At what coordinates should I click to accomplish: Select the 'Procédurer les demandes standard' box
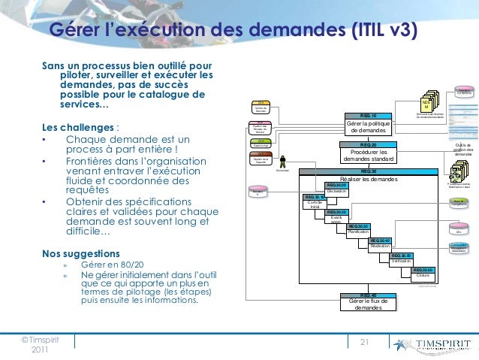click(x=368, y=154)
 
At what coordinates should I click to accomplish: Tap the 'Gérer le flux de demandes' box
click(x=368, y=304)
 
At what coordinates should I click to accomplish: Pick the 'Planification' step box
click(x=357, y=230)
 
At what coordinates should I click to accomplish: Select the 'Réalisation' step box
click(x=381, y=244)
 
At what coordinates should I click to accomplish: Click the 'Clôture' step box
click(x=423, y=274)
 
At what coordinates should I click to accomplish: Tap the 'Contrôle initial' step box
click(x=315, y=204)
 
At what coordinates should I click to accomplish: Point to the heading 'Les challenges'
click(x=79, y=126)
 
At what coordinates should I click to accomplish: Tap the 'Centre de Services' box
click(x=261, y=107)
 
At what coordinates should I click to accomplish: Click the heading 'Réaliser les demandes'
click(x=368, y=178)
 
